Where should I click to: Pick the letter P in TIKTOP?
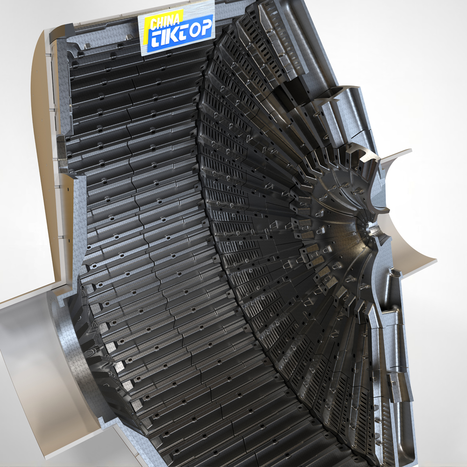(x=206, y=27)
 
